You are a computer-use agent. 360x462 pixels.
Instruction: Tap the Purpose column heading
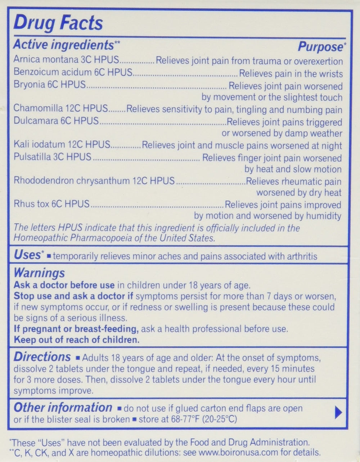pyautogui.click(x=319, y=46)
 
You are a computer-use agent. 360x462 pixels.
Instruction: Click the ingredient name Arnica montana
pyautogui.click(x=47, y=60)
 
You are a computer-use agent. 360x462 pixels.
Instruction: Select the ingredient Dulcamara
pyautogui.click(x=38, y=121)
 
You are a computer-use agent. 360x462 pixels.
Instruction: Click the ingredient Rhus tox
pyautogui.click(x=32, y=204)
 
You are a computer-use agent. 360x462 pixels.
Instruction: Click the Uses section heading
pyautogui.click(x=27, y=255)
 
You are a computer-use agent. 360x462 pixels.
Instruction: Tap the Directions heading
pyautogui.click(x=42, y=357)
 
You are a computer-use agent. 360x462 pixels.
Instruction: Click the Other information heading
pyautogui.click(x=63, y=408)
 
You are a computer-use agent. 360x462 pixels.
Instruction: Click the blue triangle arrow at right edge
pyautogui.click(x=338, y=413)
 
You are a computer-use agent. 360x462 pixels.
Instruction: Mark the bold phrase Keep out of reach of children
pyautogui.click(x=76, y=340)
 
